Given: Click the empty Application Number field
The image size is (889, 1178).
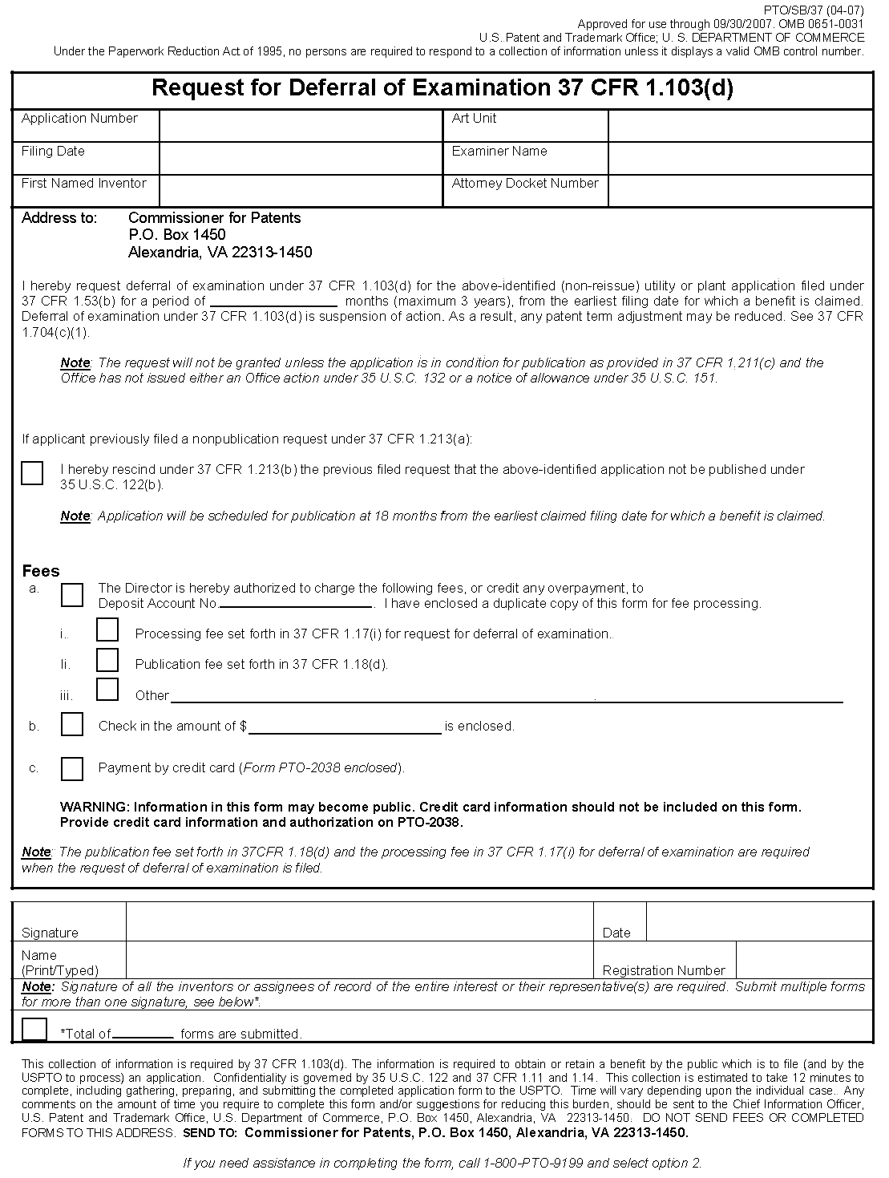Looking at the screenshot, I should pos(301,126).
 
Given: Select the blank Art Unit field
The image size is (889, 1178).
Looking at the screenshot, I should pos(740,126).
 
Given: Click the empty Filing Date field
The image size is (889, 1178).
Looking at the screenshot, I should pos(301,159).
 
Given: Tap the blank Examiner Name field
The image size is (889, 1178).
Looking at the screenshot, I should pos(740,159).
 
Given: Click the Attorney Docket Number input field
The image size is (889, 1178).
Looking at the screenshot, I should pos(740,191).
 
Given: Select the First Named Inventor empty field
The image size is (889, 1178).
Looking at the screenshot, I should pos(301,191).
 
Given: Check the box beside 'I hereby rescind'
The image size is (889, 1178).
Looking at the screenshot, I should pos(32,473).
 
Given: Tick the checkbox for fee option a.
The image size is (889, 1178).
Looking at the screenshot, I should pos(72,595).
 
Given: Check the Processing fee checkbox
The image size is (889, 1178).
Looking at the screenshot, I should pos(107,630).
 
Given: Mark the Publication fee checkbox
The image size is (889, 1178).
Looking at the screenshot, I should pos(107,661).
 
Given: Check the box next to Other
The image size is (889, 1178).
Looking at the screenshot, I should pos(107,690).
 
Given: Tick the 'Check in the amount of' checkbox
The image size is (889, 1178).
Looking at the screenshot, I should pos(72,725).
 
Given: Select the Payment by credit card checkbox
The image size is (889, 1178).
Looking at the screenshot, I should pos(72,769).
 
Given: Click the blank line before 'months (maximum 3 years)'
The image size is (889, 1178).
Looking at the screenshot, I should pos(273,302).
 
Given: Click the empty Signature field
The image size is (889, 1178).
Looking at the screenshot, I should pos(359,922).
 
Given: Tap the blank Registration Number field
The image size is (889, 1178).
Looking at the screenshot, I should pos(803,960).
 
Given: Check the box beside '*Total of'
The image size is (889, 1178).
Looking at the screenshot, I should pos(34,1029).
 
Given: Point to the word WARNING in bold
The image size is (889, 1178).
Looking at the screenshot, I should pos(95,808).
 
